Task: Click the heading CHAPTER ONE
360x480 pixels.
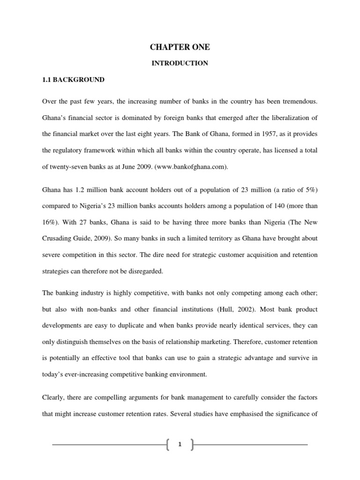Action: point(180,47)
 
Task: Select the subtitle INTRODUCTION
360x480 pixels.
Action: point(180,63)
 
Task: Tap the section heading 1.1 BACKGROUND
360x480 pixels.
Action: point(73,80)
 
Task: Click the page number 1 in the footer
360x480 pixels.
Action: point(180,445)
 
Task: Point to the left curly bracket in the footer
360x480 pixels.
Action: point(168,445)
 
